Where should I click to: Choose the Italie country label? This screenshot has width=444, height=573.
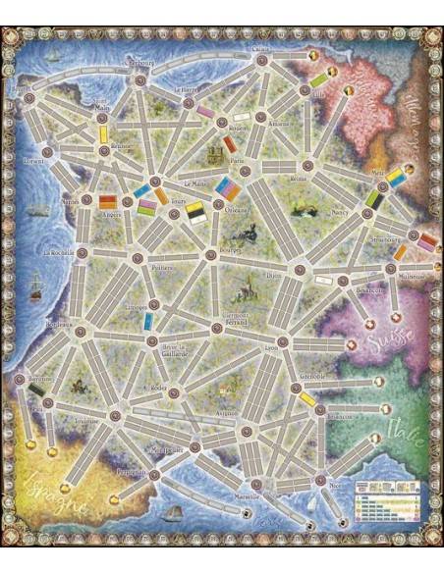tap(404, 429)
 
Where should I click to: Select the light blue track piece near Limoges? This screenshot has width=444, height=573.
tap(147, 321)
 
